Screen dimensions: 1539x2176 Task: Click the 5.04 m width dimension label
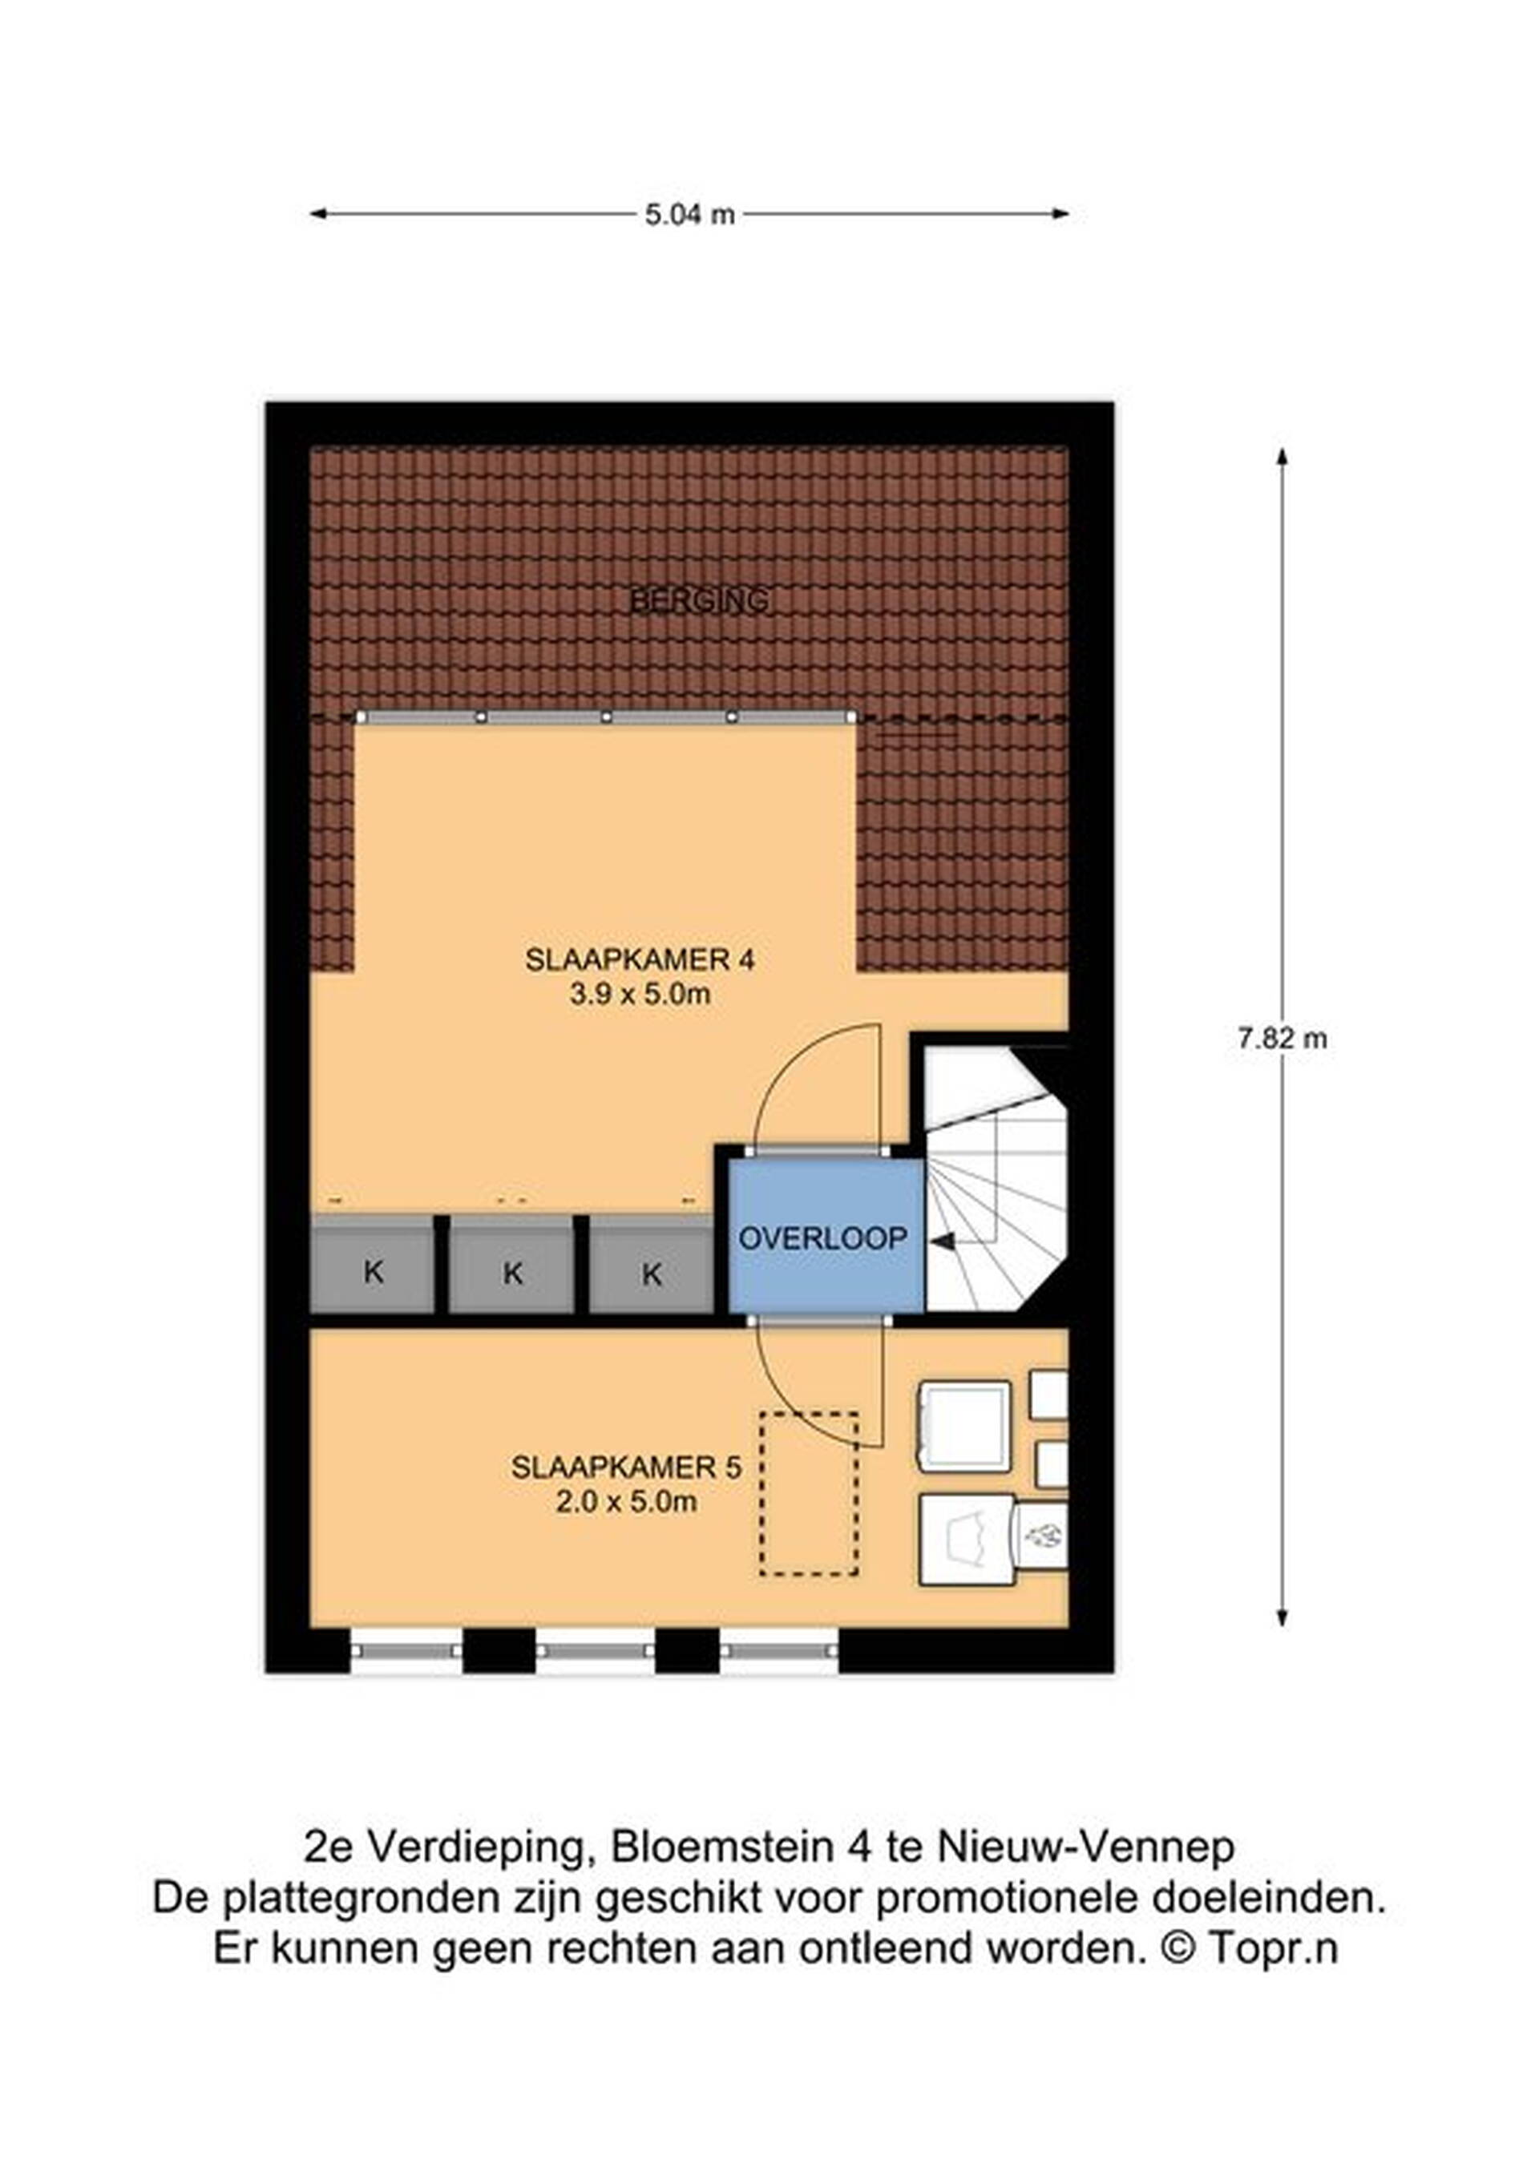[x=690, y=215]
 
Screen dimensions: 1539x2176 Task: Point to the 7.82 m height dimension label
[x=1282, y=1039]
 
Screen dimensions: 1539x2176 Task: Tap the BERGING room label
[x=700, y=600]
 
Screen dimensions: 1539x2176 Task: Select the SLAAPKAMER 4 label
[x=640, y=960]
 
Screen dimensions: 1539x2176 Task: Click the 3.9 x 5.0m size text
[x=640, y=995]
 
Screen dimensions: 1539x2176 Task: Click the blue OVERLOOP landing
[x=826, y=1237]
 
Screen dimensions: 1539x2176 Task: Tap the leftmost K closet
[x=374, y=1266]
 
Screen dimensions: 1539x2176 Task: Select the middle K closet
[x=511, y=1266]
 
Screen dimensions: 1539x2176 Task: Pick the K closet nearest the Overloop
[x=651, y=1266]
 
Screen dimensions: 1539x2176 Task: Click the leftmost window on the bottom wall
[x=406, y=1651]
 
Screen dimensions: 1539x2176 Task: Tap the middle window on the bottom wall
[x=595, y=1651]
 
